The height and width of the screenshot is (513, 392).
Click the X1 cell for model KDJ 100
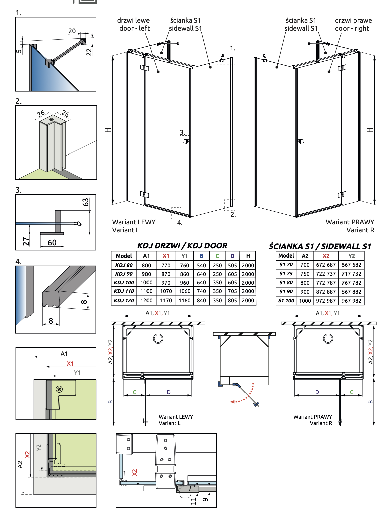[166, 283]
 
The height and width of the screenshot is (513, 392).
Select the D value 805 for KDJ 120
[232, 300]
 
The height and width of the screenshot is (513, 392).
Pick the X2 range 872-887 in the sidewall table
[326, 292]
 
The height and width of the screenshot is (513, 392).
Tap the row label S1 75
[286, 274]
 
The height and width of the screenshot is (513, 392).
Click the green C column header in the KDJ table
[217, 256]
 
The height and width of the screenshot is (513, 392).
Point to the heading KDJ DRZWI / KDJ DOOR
[182, 246]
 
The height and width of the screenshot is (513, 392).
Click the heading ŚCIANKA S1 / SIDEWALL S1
[320, 246]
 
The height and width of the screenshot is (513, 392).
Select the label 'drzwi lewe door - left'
[134, 24]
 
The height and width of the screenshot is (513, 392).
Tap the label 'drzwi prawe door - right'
[353, 24]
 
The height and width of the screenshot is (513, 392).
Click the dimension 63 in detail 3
[86, 202]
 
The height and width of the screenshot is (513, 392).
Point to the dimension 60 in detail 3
[52, 243]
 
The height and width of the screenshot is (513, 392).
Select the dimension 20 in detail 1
[72, 31]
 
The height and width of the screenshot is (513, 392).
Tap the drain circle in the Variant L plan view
[158, 338]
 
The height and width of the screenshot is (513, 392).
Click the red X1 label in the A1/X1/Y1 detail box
[70, 364]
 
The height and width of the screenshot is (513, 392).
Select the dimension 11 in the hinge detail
[193, 501]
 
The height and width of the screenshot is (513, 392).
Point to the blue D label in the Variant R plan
[317, 392]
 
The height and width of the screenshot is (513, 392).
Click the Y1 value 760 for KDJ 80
[184, 265]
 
